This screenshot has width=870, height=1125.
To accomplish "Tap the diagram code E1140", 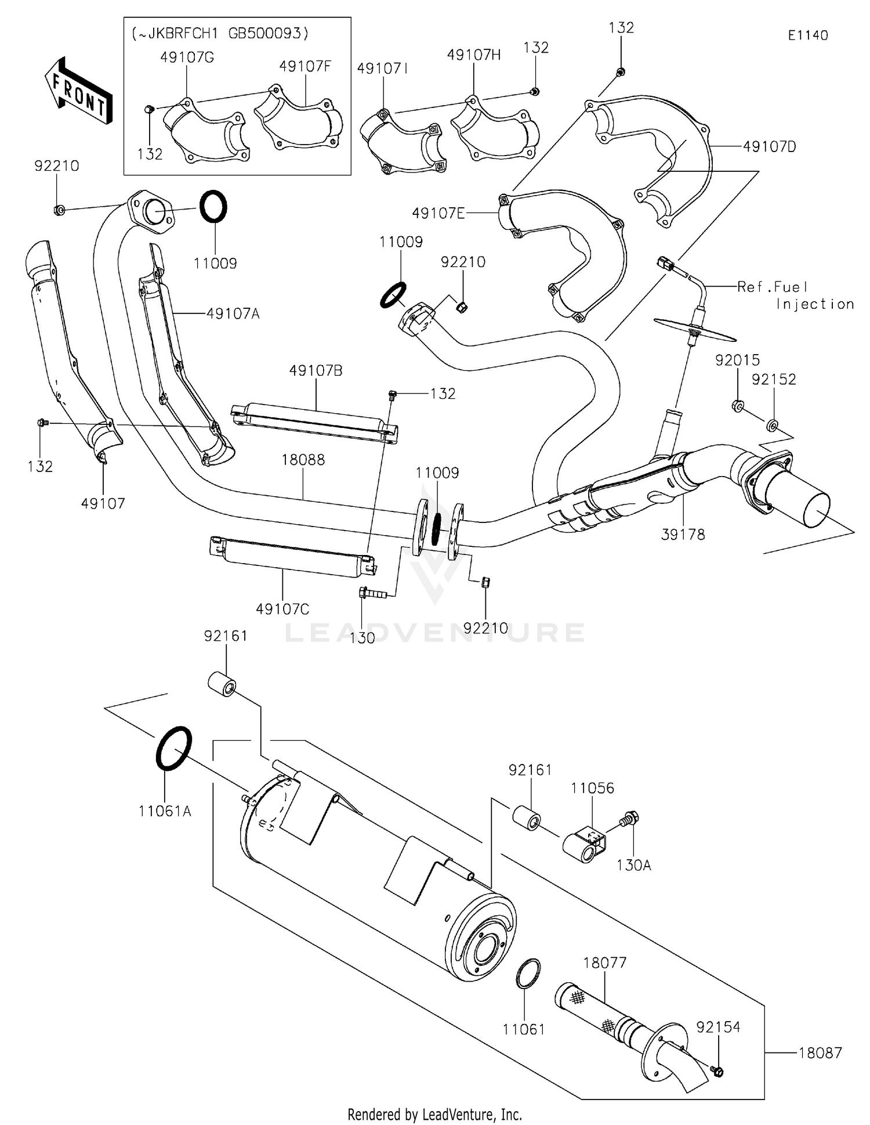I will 807,35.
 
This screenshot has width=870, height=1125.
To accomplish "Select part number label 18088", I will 303,460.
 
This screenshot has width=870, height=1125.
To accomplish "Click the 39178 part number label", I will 683,535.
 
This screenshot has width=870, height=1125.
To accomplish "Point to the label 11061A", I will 165,811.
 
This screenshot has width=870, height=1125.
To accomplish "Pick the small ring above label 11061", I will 528,973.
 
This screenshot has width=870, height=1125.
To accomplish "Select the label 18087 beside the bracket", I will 820,1053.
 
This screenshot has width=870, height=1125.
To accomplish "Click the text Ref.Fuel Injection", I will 795,295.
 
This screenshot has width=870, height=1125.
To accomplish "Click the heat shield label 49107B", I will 316,370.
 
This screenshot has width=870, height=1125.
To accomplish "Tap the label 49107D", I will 769,147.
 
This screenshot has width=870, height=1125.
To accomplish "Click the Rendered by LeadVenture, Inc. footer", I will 434,1114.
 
